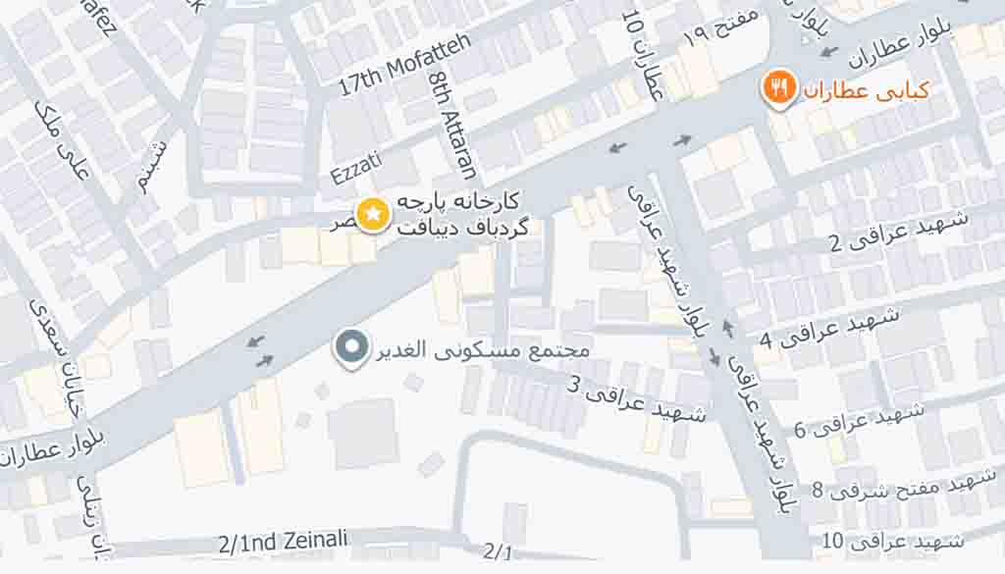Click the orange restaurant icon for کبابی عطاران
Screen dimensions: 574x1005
(x=779, y=89)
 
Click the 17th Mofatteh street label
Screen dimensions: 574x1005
(x=404, y=65)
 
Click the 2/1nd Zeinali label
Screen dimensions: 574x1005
(x=283, y=541)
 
